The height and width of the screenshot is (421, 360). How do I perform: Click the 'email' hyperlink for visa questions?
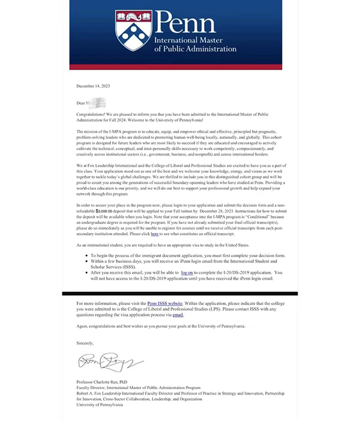pos(178,314)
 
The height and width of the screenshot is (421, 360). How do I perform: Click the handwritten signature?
pos(108,362)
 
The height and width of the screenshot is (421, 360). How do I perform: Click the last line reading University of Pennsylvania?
pos(100,405)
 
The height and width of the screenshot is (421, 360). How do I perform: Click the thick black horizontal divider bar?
pos(179,294)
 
